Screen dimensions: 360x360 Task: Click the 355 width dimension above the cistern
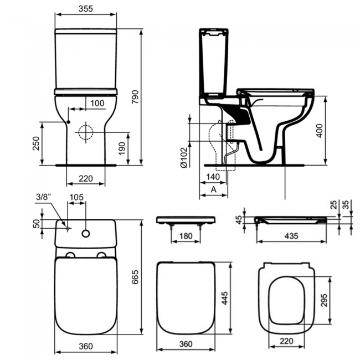pyautogui.click(x=85, y=9)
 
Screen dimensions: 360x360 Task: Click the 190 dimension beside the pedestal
pyautogui.click(x=130, y=148)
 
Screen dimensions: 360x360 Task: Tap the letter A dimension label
pyautogui.click(x=213, y=189)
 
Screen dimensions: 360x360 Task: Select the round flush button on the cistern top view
pyautogui.click(x=86, y=233)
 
